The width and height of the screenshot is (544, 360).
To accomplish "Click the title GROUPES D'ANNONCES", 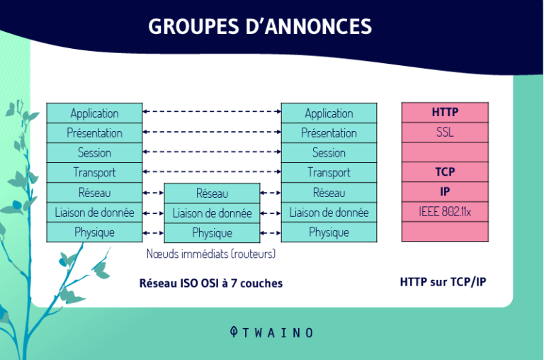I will [260, 26].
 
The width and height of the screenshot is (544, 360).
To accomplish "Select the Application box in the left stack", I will [94, 113].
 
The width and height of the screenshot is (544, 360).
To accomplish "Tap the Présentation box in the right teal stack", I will [329, 133].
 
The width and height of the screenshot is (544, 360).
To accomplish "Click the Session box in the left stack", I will [94, 153].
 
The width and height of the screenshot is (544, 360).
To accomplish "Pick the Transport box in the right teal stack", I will [329, 172].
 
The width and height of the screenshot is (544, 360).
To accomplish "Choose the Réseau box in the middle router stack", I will [212, 193].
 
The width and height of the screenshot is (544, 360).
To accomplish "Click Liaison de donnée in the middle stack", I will [212, 213].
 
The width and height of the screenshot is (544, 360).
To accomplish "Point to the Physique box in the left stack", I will [94, 232].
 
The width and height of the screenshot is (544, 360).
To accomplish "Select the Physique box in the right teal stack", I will [329, 232].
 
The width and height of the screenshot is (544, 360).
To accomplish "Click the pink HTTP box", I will [445, 113].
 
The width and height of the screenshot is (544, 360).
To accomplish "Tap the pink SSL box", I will [445, 133].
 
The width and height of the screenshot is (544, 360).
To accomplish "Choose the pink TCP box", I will [445, 172].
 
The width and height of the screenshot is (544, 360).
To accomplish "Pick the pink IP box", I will [445, 191].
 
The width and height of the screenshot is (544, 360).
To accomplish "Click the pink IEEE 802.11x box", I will [445, 211].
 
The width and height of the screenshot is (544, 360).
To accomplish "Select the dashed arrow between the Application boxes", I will [212, 112].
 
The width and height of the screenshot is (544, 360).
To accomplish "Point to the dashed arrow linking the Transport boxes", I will [212, 171].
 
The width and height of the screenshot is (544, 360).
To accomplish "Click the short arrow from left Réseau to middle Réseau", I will [153, 192].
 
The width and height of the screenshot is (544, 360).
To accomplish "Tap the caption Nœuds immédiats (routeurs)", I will [210, 253].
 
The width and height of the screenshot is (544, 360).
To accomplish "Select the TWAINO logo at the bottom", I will [271, 332].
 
